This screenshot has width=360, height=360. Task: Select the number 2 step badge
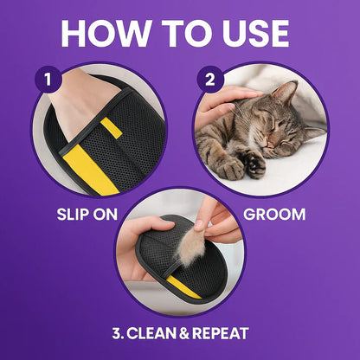(x=208, y=79)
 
